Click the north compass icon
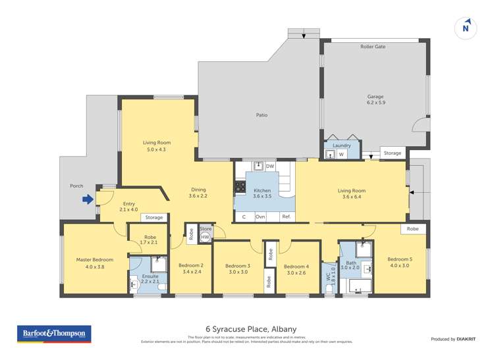[x=466, y=28]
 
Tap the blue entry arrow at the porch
[x=86, y=199]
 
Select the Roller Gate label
[x=373, y=47]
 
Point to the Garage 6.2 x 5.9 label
[x=375, y=100]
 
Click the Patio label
[x=261, y=115]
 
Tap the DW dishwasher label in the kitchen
[x=270, y=167]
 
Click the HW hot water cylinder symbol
[x=205, y=237]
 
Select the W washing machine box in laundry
[x=341, y=154]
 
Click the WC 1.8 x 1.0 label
[x=330, y=282]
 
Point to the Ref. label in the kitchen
[x=286, y=217]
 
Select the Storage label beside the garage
[x=392, y=153]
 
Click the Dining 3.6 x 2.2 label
[x=198, y=192]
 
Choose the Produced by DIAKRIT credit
[x=453, y=339]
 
